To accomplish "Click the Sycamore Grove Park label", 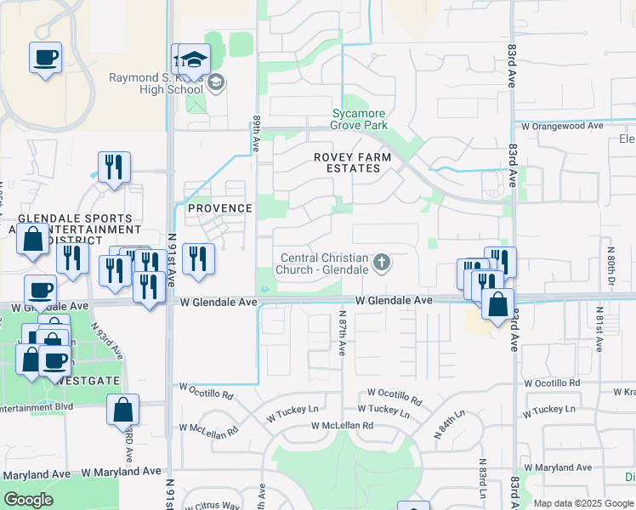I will coord(360,119).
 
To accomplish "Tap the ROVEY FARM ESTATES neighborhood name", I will coord(353,162).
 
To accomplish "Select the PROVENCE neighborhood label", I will coord(220,208).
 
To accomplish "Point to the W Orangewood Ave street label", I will coord(562,125).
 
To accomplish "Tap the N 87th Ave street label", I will coord(342,332).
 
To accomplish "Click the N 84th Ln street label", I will coord(449,422).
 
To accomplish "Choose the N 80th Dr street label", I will coord(610,264).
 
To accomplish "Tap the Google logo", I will coord(28,500).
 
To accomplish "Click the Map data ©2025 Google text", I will coord(583,503).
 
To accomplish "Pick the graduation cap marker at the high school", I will coord(195,59).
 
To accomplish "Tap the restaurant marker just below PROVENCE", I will coord(198,258).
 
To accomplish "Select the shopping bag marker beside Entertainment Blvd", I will coord(123,409).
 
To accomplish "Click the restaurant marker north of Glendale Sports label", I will coord(114,167).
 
